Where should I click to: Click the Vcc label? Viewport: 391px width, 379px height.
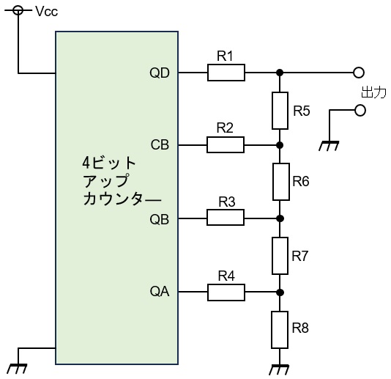pos(47,12)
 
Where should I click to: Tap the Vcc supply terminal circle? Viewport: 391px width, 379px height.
pos(18,10)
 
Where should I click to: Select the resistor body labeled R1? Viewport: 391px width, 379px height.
pos(226,73)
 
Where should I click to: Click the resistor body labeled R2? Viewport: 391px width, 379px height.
pos(226,145)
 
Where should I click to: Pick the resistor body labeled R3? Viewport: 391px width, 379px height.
pos(226,218)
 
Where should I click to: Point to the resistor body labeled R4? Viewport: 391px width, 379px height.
pos(226,292)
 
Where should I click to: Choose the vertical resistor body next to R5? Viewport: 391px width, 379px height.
pos(280,111)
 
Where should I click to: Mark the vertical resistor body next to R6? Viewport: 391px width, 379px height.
pos(281,182)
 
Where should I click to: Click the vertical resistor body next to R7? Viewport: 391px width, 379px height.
pos(280,256)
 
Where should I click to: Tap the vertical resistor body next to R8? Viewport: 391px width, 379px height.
pos(280,330)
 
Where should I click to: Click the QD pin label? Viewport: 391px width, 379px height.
pos(160,73)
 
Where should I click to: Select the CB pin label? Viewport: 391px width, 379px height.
pos(160,145)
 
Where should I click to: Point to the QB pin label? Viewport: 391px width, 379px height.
pos(160,220)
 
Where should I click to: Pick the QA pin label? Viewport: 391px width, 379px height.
pos(160,291)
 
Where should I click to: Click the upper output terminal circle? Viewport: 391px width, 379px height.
pos(359,73)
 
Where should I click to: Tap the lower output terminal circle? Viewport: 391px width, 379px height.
pos(360,111)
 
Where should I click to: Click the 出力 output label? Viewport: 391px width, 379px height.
pos(373,92)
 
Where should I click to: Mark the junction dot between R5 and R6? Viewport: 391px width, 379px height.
pos(280,145)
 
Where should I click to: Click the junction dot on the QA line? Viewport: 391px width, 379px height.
pos(280,292)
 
